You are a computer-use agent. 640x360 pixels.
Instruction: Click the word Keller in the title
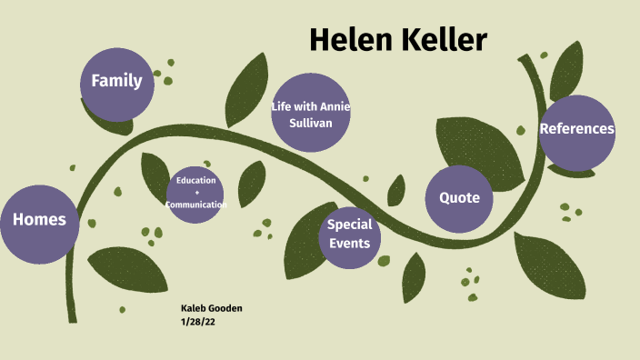point(441,39)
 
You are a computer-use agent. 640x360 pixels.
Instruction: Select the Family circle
point(116,81)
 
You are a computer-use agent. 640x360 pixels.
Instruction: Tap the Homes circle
point(39,220)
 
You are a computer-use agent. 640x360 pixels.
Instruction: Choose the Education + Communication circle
point(195,193)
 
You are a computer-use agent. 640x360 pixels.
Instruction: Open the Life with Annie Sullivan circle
point(311,113)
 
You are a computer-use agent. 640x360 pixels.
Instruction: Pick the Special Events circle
point(349,234)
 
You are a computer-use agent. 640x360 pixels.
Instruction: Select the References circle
point(576,129)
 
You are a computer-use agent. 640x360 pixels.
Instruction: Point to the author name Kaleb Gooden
point(211,308)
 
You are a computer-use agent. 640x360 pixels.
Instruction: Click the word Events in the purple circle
point(349,243)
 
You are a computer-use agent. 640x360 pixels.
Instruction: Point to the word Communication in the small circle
point(195,205)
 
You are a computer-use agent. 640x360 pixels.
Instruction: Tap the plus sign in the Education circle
point(195,193)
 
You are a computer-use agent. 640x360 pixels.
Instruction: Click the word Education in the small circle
point(195,181)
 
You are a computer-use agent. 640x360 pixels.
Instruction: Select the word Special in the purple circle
point(349,225)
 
